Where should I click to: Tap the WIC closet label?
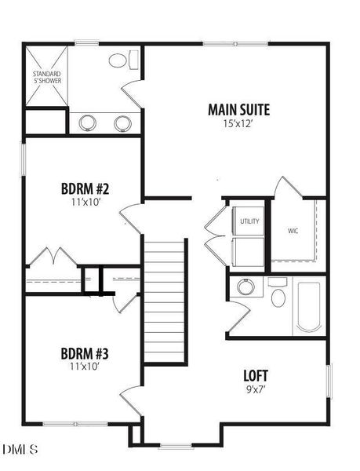pyautogui.click(x=293, y=232)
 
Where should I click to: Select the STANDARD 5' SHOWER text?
pyautogui.click(x=46, y=77)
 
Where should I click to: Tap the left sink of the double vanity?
pyautogui.click(x=87, y=122)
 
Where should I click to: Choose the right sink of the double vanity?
pyautogui.click(x=122, y=122)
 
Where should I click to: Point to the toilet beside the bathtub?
pyautogui.click(x=278, y=297)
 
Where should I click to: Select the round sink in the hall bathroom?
pyautogui.click(x=246, y=287)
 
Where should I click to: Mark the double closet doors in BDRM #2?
pyautogui.click(x=53, y=258)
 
